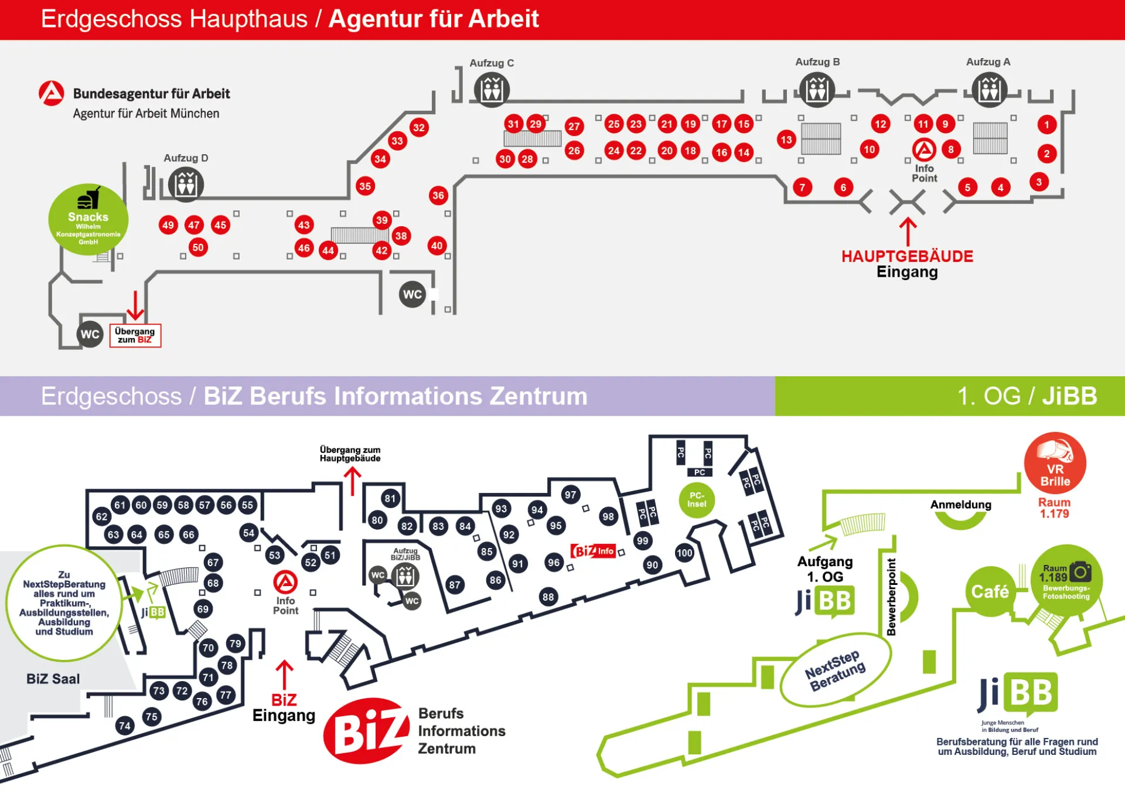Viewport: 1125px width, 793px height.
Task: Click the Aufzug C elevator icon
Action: [x=492, y=90]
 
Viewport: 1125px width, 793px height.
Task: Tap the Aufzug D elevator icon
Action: [x=186, y=185]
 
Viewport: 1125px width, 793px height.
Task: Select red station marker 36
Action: [x=438, y=196]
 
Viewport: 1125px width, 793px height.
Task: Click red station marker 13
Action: [x=786, y=139]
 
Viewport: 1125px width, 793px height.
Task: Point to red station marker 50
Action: [x=198, y=247]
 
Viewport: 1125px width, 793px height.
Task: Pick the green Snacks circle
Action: [x=88, y=220]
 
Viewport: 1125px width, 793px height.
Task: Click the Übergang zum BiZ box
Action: [x=135, y=335]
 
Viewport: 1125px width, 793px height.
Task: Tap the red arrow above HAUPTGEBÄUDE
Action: [x=908, y=232]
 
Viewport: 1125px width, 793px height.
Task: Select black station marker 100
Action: [x=684, y=553]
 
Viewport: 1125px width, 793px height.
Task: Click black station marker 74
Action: [x=125, y=726]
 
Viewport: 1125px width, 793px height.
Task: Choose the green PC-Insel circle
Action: [x=697, y=500]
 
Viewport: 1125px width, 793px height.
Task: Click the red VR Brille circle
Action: [x=1055, y=463]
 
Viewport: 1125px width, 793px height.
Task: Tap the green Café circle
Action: [x=990, y=591]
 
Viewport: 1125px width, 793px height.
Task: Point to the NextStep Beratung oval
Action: [x=835, y=670]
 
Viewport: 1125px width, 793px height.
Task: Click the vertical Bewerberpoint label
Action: [x=891, y=597]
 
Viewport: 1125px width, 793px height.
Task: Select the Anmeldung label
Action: [x=960, y=505]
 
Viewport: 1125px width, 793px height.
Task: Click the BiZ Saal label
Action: [x=53, y=679]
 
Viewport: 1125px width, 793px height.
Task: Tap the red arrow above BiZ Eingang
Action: [x=284, y=674]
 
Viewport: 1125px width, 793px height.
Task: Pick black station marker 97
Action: [x=570, y=495]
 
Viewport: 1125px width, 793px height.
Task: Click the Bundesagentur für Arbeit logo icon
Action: [x=52, y=94]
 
